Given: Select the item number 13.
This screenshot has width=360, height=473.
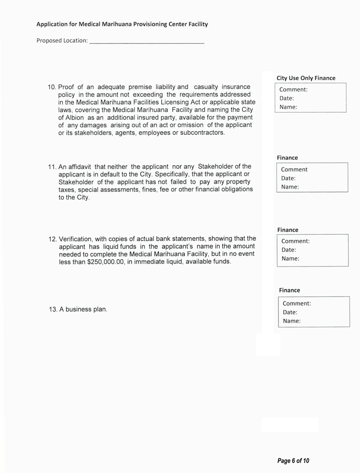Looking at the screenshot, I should click(x=53, y=309).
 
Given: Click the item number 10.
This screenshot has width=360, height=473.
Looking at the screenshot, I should click(x=52, y=87).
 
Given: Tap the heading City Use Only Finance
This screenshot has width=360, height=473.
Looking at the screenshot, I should click(x=306, y=78).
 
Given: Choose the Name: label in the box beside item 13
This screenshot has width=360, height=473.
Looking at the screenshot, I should click(x=291, y=321).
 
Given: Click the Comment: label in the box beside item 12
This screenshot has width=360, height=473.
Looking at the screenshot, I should click(x=296, y=241).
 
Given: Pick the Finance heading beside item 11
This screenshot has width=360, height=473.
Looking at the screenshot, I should click(x=287, y=157).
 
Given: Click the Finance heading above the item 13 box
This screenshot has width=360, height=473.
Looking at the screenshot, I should click(x=290, y=290).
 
